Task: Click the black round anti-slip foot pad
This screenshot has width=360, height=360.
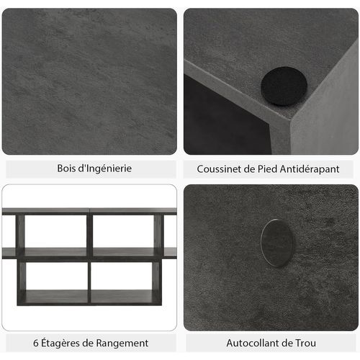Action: click(x=284, y=86)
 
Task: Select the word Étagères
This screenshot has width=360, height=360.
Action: click(x=64, y=343)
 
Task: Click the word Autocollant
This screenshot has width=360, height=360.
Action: click(x=255, y=343)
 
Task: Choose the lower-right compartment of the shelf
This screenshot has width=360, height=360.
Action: click(x=122, y=275)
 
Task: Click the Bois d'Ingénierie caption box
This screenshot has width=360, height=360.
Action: click(x=90, y=168)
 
